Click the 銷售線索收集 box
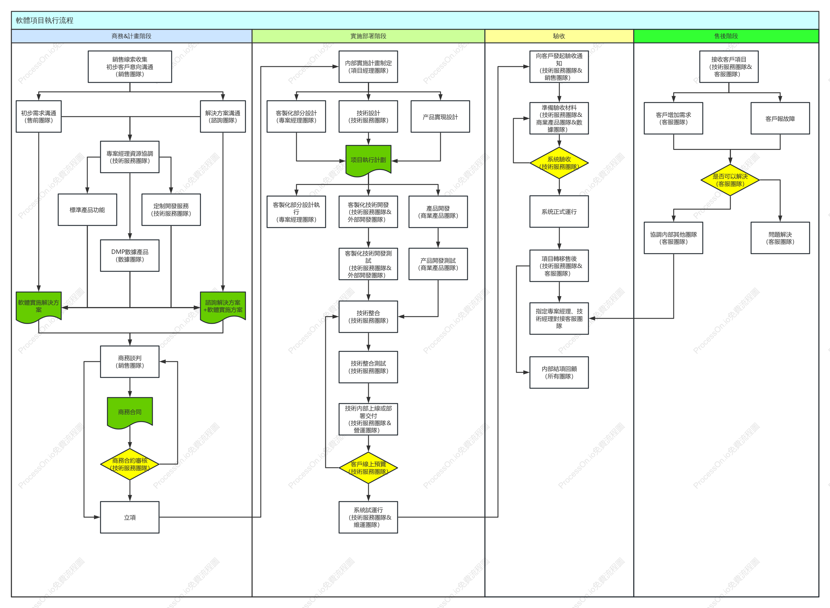[x=130, y=67]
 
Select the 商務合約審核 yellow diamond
[x=130, y=464]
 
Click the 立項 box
[x=130, y=517]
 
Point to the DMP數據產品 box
[x=130, y=255]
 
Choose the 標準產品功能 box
[x=87, y=210]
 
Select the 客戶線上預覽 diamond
[x=368, y=468]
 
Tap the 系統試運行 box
[x=368, y=517]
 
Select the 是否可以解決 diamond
[x=730, y=180]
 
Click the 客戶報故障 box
[x=780, y=118]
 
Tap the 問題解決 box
[x=780, y=238]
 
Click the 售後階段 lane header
[x=726, y=36]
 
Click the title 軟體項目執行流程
[x=45, y=20]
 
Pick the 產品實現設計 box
[x=440, y=116]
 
